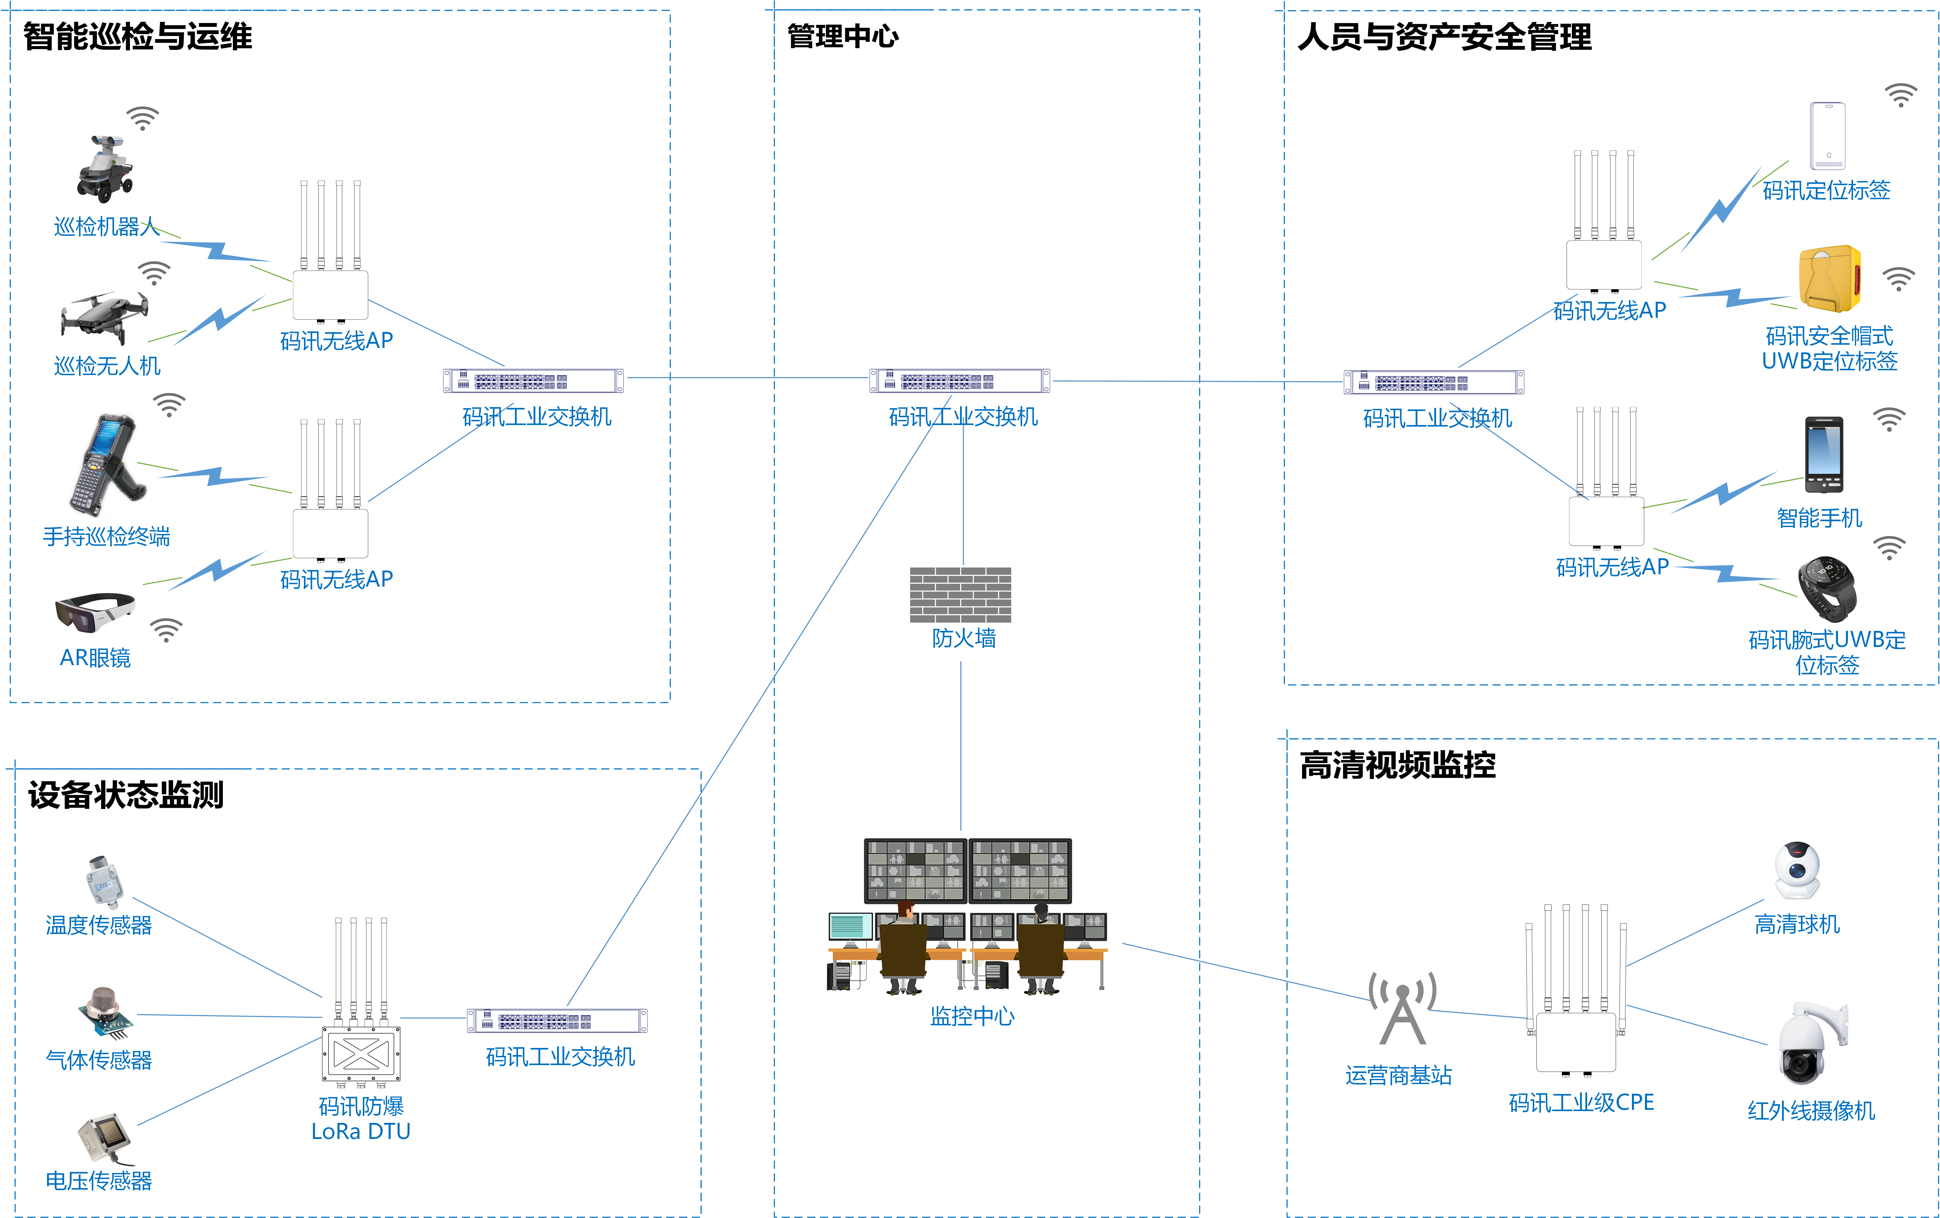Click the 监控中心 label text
pyautogui.click(x=972, y=1016)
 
